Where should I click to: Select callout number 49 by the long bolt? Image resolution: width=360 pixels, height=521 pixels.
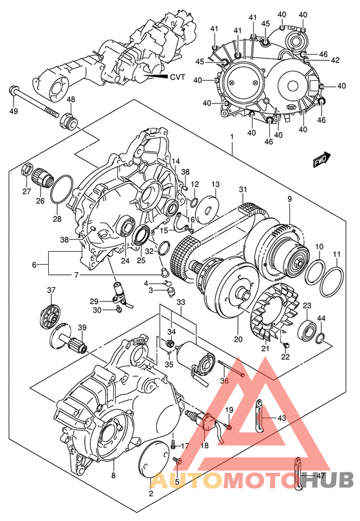tap(13, 112)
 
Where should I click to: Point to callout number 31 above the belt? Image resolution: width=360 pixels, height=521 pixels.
tap(242, 189)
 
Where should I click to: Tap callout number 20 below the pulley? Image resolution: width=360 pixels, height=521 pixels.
tap(237, 339)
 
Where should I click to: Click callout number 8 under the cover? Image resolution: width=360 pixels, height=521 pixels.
tap(113, 476)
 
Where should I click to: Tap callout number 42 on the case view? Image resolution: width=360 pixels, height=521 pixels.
tap(335, 60)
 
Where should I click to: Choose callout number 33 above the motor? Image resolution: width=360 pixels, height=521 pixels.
tap(181, 302)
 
